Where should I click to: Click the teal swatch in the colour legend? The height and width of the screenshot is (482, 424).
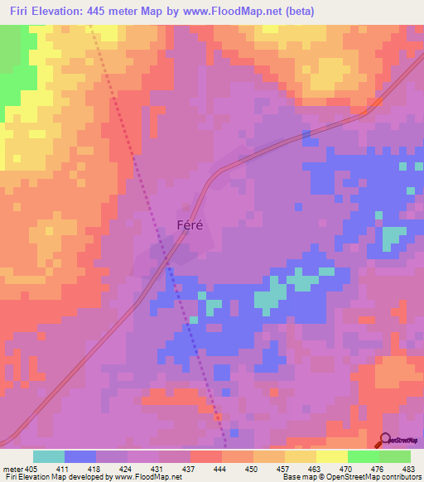(49, 456)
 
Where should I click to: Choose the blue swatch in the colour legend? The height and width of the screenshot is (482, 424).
(80, 456)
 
